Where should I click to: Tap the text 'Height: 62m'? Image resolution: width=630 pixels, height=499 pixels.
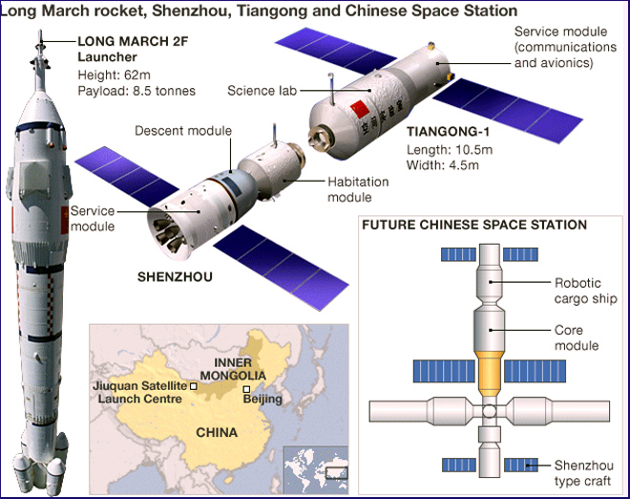tap(111, 75)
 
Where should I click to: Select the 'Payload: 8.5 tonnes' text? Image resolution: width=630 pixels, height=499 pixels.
tap(136, 91)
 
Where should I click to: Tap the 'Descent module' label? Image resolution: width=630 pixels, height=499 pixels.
tap(183, 131)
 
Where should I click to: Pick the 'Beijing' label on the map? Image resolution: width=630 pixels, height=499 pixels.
tap(262, 399)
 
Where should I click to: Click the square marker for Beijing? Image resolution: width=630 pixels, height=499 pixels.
tap(246, 389)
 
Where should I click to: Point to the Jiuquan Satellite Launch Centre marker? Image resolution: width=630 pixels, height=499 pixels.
tap(194, 386)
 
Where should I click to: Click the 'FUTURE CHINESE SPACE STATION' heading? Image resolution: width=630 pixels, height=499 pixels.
tap(472, 225)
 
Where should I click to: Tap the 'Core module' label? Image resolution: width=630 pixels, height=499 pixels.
tap(577, 337)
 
